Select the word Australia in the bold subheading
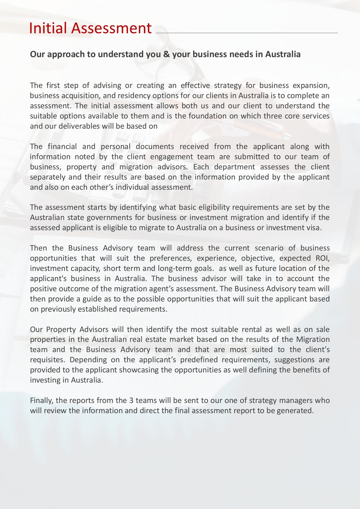click(x=283, y=54)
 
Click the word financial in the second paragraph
click(x=62, y=146)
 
